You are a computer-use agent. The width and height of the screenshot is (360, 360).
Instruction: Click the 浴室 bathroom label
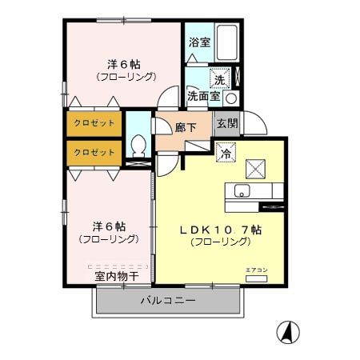(x=199, y=42)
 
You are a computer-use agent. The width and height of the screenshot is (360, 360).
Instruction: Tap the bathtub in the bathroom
(x=226, y=42)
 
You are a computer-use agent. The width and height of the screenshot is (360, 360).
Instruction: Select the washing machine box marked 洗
(x=220, y=78)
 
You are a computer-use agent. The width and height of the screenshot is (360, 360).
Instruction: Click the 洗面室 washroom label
(x=203, y=96)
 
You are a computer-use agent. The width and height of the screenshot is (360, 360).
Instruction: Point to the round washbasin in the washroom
(x=231, y=98)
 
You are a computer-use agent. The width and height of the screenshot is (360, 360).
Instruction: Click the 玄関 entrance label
(x=227, y=123)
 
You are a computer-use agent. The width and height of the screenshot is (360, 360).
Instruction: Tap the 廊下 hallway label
(x=186, y=127)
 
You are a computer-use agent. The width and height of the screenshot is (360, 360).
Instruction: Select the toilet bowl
(x=138, y=146)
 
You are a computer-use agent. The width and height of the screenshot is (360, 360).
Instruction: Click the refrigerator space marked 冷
(x=226, y=152)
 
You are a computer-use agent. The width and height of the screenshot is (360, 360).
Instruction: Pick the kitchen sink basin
(x=242, y=190)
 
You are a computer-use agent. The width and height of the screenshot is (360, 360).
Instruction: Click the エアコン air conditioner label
(x=256, y=270)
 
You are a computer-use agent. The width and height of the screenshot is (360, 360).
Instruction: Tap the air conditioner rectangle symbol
(x=256, y=278)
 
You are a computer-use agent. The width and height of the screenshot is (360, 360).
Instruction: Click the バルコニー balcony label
(x=168, y=301)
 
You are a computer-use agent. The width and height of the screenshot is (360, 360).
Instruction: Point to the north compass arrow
(x=288, y=332)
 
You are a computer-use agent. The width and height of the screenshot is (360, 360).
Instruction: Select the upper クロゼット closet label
(x=94, y=123)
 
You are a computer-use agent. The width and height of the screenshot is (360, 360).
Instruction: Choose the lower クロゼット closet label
(x=94, y=152)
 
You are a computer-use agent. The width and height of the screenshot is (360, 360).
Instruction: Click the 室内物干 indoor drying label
(x=117, y=277)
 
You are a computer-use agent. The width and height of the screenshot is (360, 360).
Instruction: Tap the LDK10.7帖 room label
(x=221, y=230)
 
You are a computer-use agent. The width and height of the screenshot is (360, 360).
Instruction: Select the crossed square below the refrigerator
(x=255, y=169)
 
